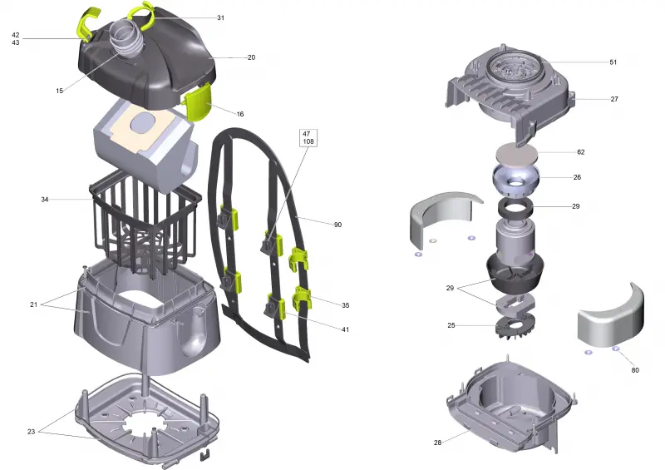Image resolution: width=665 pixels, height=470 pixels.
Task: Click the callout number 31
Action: pos(220,17)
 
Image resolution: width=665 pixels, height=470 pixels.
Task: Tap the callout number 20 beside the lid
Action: pos(252,57)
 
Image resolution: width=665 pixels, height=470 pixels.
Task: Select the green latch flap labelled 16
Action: pos(197,101)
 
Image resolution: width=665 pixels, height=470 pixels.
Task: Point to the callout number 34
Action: pos(45,200)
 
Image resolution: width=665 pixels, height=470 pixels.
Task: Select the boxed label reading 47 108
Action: pos(308,137)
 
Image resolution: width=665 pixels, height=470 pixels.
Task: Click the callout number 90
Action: pos(337,225)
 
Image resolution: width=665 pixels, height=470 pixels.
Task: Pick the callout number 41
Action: pos(346,329)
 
